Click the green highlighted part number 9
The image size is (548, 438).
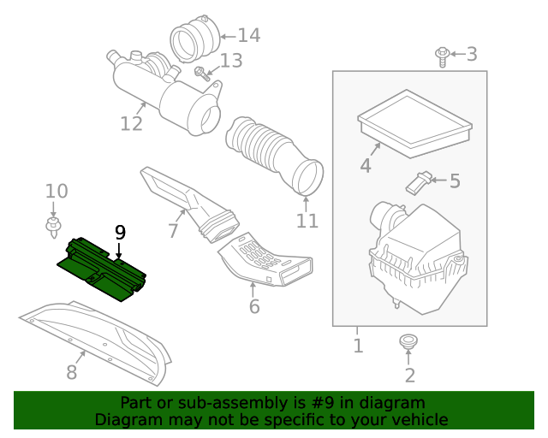click(x=101, y=269)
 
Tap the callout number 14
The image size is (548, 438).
click(x=249, y=36)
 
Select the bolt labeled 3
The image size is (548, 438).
click(x=442, y=56)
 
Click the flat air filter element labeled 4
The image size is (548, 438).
click(x=414, y=124)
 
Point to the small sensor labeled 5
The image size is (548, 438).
click(x=419, y=182)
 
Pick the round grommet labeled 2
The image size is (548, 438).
click(x=408, y=341)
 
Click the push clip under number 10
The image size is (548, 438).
click(x=53, y=227)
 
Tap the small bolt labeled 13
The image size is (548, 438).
click(x=202, y=74)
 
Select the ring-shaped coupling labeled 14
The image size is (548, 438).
click(x=194, y=39)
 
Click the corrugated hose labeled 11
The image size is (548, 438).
click(x=275, y=155)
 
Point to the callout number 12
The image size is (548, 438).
click(x=131, y=124)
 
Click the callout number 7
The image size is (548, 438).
click(x=173, y=230)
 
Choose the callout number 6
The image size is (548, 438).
click(x=254, y=306)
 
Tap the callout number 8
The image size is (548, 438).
click(x=72, y=372)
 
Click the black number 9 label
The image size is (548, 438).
click(x=120, y=233)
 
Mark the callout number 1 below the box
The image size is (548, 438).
click(x=359, y=346)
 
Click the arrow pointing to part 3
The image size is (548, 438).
click(x=458, y=54)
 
